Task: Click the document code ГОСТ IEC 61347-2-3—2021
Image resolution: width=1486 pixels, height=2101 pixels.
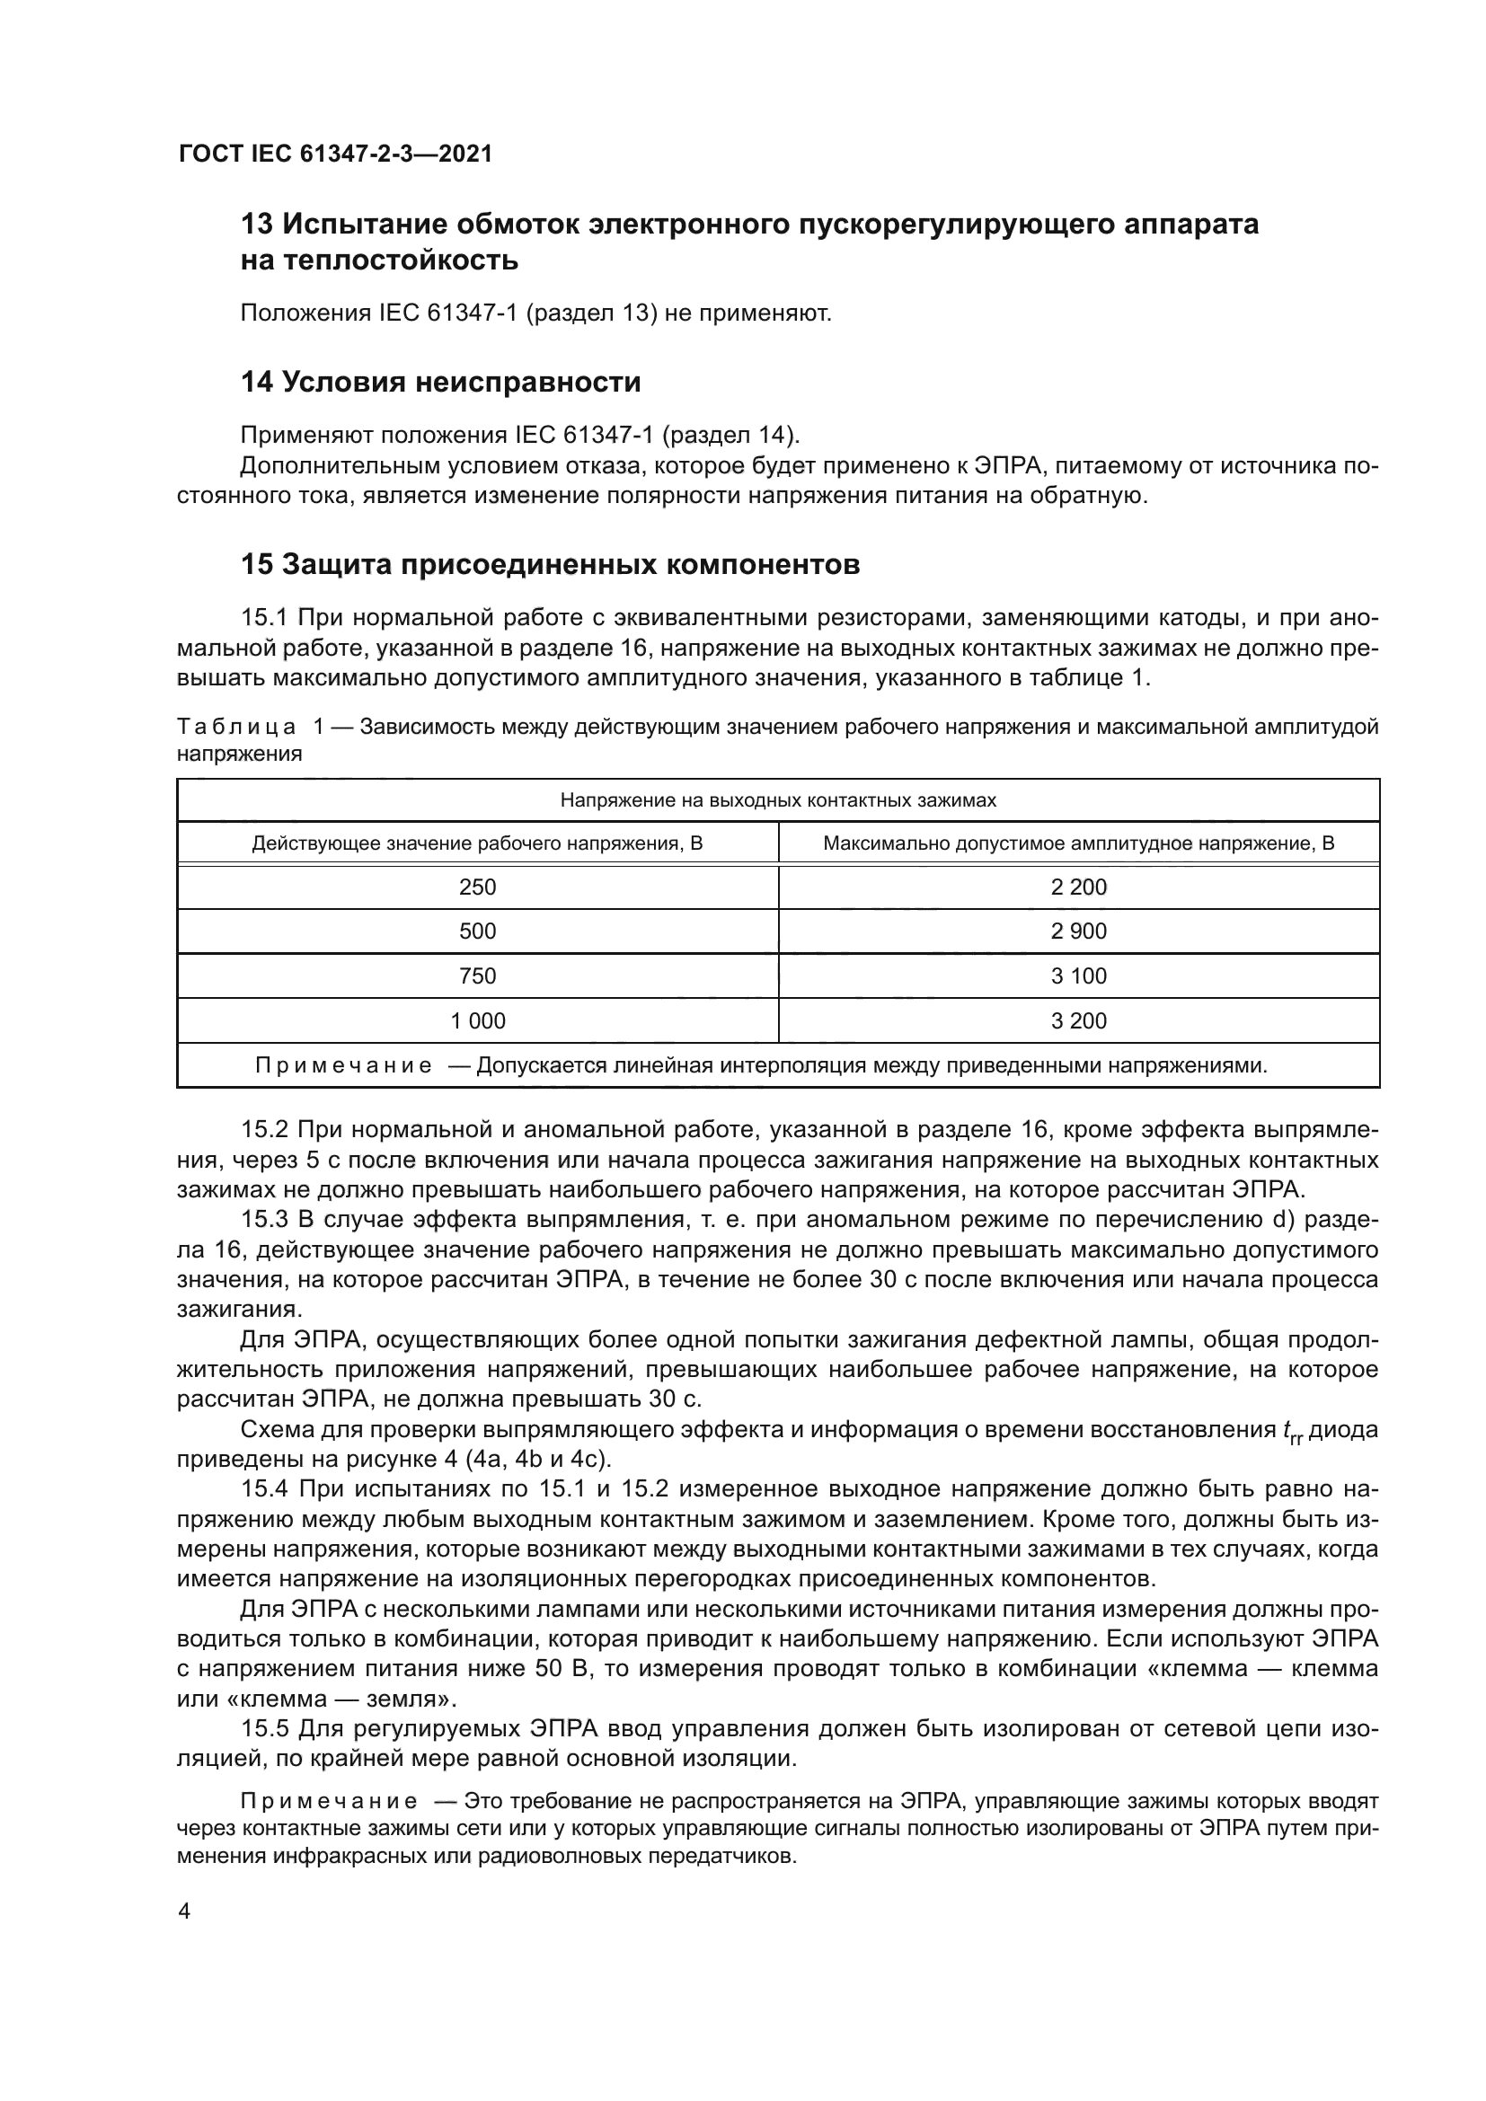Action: (x=335, y=154)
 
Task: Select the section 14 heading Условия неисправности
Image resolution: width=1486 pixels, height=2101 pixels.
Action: (x=440, y=382)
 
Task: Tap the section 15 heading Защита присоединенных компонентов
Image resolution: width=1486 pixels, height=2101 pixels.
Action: (x=550, y=565)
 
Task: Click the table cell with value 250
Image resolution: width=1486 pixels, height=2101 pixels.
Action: (x=478, y=887)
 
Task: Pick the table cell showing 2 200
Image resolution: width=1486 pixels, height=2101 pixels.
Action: (x=1079, y=887)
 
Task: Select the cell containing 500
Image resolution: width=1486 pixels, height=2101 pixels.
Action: (x=478, y=931)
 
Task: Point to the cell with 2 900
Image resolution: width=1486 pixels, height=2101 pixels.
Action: (x=1079, y=931)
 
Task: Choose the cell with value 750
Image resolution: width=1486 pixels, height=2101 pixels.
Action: (x=478, y=976)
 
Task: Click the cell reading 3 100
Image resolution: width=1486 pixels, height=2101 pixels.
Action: (x=1079, y=976)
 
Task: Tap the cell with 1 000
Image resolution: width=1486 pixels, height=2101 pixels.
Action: (x=478, y=1021)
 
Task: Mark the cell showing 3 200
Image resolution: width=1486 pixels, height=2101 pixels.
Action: (x=1079, y=1021)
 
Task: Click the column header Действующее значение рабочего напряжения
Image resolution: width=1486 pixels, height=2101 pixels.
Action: (x=478, y=843)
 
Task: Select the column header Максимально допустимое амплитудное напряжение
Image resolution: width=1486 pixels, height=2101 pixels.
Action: (x=1079, y=843)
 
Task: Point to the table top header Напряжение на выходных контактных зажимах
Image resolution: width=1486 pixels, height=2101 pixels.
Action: (x=778, y=800)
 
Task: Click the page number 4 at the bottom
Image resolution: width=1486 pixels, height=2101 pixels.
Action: (x=184, y=1911)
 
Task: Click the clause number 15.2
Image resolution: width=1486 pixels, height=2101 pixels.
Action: (x=265, y=1131)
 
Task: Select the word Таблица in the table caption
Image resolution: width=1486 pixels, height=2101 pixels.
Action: (x=236, y=728)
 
